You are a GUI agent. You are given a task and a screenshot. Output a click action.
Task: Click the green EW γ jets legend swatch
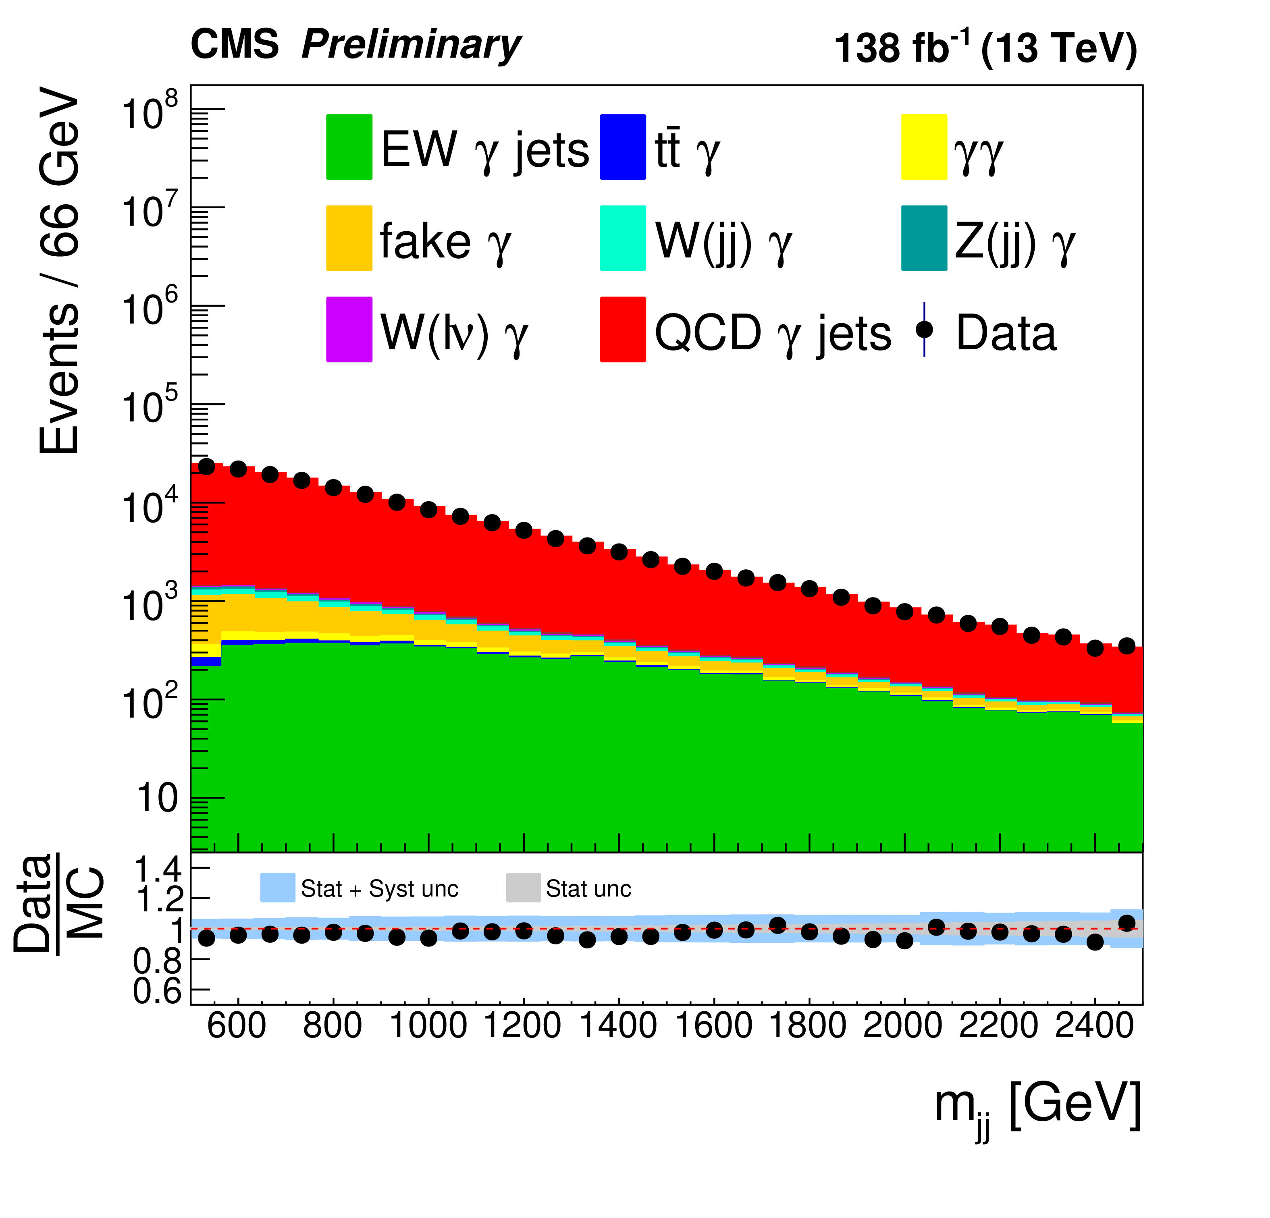[x=349, y=147]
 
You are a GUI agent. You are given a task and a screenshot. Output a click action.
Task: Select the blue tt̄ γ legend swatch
[x=623, y=147]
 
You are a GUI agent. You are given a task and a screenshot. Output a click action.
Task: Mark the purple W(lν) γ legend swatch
[x=349, y=329]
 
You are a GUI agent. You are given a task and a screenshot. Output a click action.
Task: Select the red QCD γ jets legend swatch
[x=623, y=329]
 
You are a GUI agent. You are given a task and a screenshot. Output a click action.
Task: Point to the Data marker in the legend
[x=924, y=329]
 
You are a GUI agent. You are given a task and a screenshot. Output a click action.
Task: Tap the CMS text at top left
[x=235, y=46]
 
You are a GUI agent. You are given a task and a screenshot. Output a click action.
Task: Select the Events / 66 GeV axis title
[x=60, y=272]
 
